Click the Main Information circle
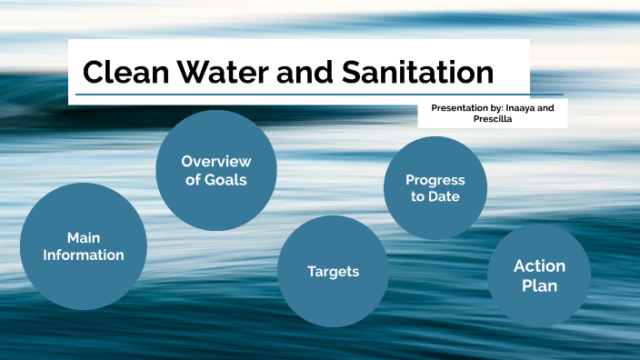click(x=83, y=246)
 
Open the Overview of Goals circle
click(x=215, y=170)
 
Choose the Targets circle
click(x=333, y=271)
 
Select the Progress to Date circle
click(x=435, y=188)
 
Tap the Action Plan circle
click(x=539, y=275)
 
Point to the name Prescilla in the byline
click(x=493, y=119)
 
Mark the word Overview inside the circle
click(x=215, y=161)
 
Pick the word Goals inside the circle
click(x=227, y=179)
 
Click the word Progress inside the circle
click(x=435, y=180)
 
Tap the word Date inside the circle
click(x=445, y=196)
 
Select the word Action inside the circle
click(x=539, y=265)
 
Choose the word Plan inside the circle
click(x=539, y=285)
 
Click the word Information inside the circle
click(x=84, y=255)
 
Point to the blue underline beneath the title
click(x=318, y=95)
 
